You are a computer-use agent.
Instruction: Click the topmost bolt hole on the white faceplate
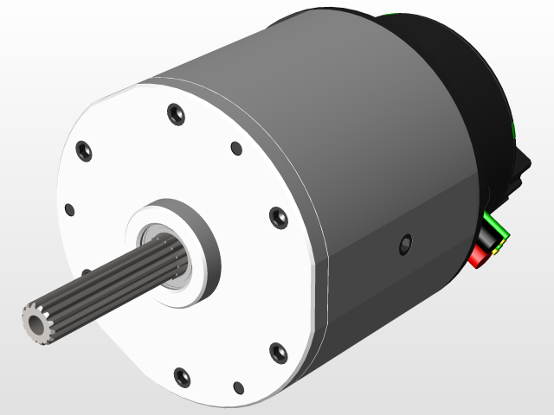(175, 113)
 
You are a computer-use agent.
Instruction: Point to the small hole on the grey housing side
(404, 246)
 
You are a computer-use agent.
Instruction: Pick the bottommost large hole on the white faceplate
(182, 376)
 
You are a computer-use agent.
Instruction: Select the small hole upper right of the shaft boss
(236, 148)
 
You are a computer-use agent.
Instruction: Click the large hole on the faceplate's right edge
(278, 217)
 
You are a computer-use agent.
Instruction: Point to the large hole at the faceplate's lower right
(278, 351)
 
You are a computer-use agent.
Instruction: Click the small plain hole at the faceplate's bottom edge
(238, 388)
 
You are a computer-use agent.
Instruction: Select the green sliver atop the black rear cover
(390, 14)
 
